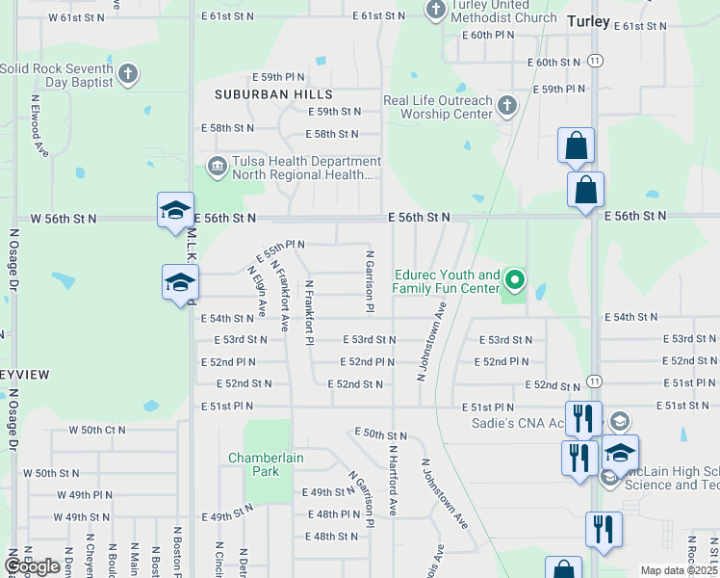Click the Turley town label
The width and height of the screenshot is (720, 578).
[x=590, y=20]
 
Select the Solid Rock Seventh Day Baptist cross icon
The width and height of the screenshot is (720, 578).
[x=128, y=74]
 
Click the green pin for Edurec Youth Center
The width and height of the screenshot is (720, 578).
[x=515, y=280]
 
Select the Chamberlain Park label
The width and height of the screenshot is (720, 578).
[x=253, y=464]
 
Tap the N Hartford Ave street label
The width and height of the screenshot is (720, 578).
[x=393, y=479]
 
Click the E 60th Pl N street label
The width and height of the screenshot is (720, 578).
[x=488, y=35]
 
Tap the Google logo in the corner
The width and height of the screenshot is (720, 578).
[x=32, y=566]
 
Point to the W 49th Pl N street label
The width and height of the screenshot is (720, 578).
[x=84, y=495]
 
